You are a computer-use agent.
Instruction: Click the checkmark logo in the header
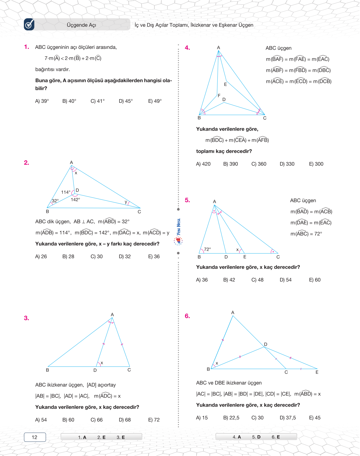[x=29, y=25]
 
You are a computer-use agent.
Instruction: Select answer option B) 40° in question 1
[x=69, y=101]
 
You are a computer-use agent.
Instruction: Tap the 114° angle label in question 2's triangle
[x=66, y=192]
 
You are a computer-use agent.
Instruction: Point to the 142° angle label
[x=75, y=200]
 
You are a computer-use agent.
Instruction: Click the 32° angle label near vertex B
[x=55, y=201]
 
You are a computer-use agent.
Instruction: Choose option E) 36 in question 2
[x=154, y=256]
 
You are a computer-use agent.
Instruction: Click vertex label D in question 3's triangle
[x=95, y=370]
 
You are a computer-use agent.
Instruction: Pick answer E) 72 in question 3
[x=154, y=420]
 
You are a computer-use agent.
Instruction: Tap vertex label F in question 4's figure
[x=219, y=96]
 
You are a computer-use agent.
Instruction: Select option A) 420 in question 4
[x=203, y=164]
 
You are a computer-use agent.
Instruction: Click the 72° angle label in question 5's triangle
[x=208, y=249]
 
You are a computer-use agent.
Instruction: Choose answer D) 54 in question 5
[x=285, y=280]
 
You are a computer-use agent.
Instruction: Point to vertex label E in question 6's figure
[x=317, y=372]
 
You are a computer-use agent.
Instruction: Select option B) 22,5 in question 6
[x=231, y=418]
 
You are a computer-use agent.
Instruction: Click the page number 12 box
[x=35, y=437]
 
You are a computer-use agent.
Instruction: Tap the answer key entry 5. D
[x=256, y=437]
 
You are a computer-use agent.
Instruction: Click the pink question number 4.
[x=187, y=48]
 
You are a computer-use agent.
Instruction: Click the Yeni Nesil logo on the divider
[x=178, y=232]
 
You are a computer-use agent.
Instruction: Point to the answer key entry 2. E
[x=101, y=437]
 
